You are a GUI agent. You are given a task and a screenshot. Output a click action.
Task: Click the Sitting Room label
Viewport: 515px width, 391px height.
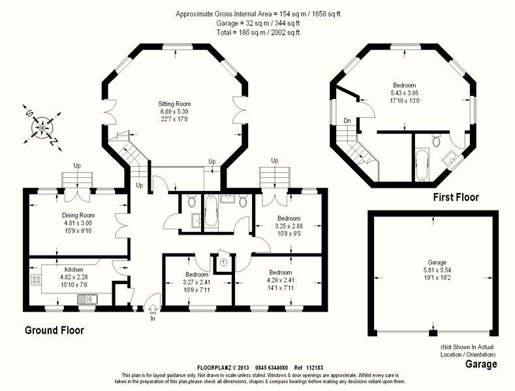tap(174, 104)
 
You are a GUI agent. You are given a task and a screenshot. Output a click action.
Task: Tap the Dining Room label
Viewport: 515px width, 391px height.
tap(78, 215)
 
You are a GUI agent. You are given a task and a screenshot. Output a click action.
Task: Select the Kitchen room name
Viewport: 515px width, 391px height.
tap(74, 269)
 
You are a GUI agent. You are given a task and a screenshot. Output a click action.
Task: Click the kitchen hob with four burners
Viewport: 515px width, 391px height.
tap(36, 279)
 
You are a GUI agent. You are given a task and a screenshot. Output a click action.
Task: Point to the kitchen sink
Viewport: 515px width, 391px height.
tap(87, 299)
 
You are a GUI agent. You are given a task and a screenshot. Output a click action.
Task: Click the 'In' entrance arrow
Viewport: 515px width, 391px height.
tap(153, 309)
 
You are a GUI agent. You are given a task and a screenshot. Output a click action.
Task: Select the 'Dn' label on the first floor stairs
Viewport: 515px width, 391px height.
tap(347, 121)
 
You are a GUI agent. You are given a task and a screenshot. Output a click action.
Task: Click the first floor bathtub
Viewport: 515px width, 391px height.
tap(422, 165)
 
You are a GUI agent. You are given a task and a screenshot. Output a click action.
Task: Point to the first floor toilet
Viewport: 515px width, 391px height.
tap(437, 140)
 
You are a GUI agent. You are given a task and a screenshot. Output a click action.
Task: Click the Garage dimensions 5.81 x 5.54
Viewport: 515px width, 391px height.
tap(437, 270)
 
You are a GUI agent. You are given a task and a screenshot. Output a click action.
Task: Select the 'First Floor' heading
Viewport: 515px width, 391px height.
tap(456, 197)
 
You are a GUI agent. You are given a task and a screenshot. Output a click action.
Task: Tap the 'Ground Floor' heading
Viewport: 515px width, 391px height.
tap(55, 330)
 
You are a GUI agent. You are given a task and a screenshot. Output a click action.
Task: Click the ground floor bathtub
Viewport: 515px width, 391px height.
tap(211, 210)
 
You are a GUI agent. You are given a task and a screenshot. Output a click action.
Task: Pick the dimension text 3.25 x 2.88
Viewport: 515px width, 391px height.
tap(289, 226)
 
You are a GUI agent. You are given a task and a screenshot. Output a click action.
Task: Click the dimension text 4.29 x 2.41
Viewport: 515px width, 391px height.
tap(281, 280)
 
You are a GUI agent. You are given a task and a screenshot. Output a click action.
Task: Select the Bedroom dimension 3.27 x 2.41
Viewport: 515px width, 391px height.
tap(196, 282)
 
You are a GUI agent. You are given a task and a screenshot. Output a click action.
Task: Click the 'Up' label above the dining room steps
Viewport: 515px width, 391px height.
tap(77, 166)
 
